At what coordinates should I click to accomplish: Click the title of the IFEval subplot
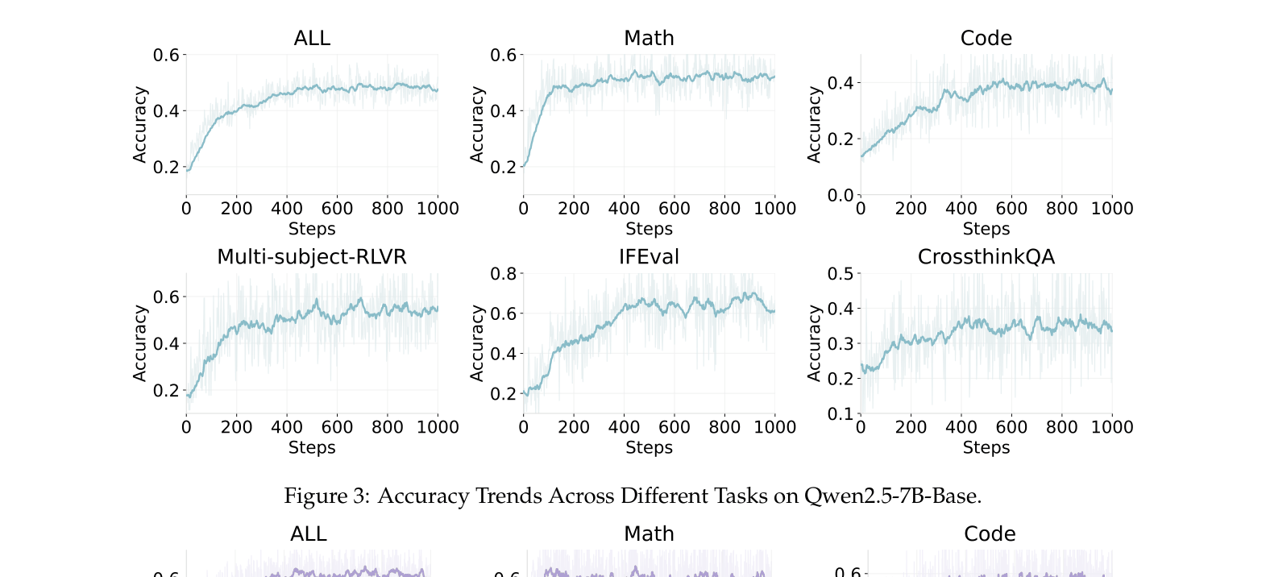(x=649, y=257)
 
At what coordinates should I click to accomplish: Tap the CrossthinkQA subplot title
(x=986, y=257)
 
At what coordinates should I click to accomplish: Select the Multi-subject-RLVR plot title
(x=312, y=257)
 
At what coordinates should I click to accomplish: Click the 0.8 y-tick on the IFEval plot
(x=503, y=274)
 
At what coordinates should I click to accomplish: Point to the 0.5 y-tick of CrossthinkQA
(x=840, y=274)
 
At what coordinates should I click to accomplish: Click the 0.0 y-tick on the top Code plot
(x=840, y=195)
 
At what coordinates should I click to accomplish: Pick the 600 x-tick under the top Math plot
(x=674, y=209)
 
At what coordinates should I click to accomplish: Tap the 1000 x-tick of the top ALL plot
(x=438, y=209)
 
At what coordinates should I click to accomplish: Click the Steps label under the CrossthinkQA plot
(x=986, y=448)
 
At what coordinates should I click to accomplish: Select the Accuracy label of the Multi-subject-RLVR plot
(x=140, y=343)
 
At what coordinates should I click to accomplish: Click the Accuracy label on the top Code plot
(x=814, y=125)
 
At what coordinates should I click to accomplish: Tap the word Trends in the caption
(x=505, y=496)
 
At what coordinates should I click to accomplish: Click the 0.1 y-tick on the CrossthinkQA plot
(x=840, y=414)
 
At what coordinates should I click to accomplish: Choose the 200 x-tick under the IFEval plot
(x=573, y=428)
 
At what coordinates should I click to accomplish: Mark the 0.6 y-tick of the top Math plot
(x=503, y=56)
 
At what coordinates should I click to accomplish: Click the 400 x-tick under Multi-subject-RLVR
(x=286, y=428)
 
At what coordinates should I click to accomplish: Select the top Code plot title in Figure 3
(x=986, y=39)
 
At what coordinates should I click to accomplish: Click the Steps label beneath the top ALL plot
(x=312, y=230)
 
